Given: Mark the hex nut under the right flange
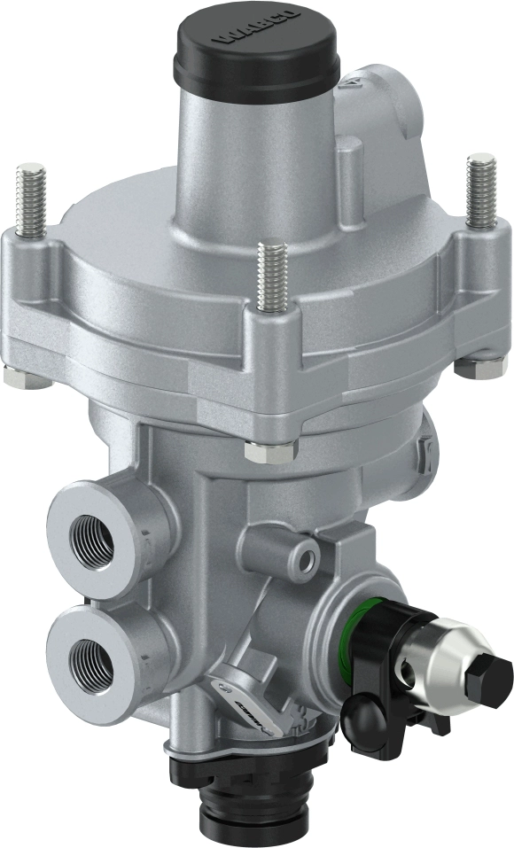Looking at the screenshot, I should (x=479, y=367).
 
